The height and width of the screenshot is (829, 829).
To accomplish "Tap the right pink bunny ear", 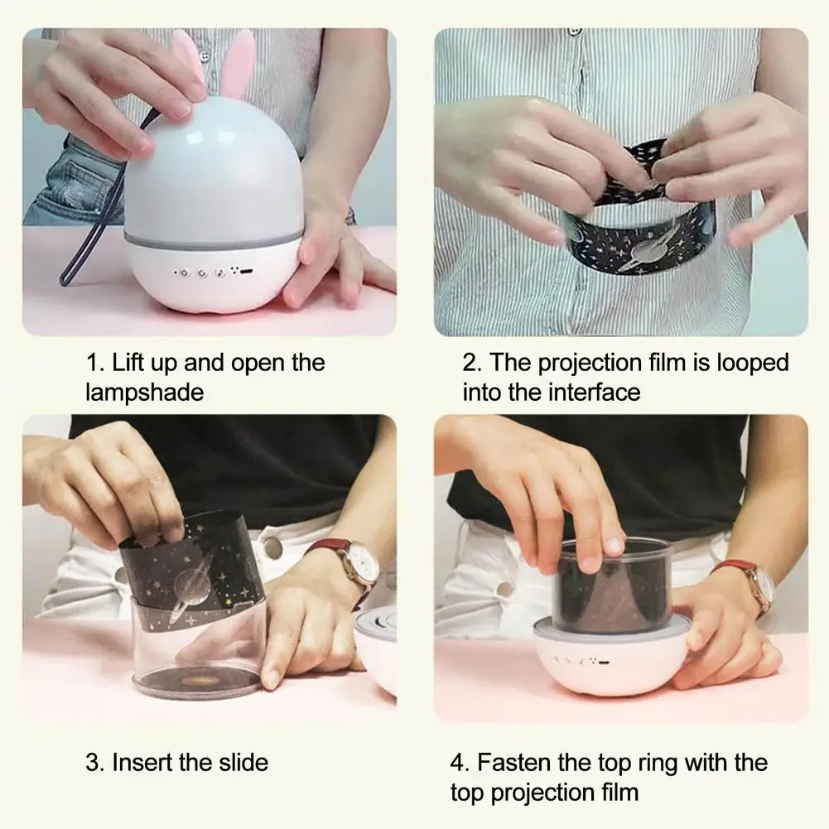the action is coord(237,64).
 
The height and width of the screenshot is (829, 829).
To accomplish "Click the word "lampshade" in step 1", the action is coord(144,393).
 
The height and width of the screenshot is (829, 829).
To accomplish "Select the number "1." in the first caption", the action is coord(96,364).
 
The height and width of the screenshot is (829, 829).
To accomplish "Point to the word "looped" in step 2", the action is coord(752,364).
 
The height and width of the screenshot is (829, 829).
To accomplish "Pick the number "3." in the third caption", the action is coord(95,763).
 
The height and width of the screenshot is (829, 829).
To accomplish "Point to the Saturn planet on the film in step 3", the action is coord(192,584).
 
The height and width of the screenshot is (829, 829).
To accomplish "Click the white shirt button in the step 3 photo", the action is coord(272,545).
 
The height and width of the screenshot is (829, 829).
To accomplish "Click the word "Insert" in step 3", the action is coord(142,763).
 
